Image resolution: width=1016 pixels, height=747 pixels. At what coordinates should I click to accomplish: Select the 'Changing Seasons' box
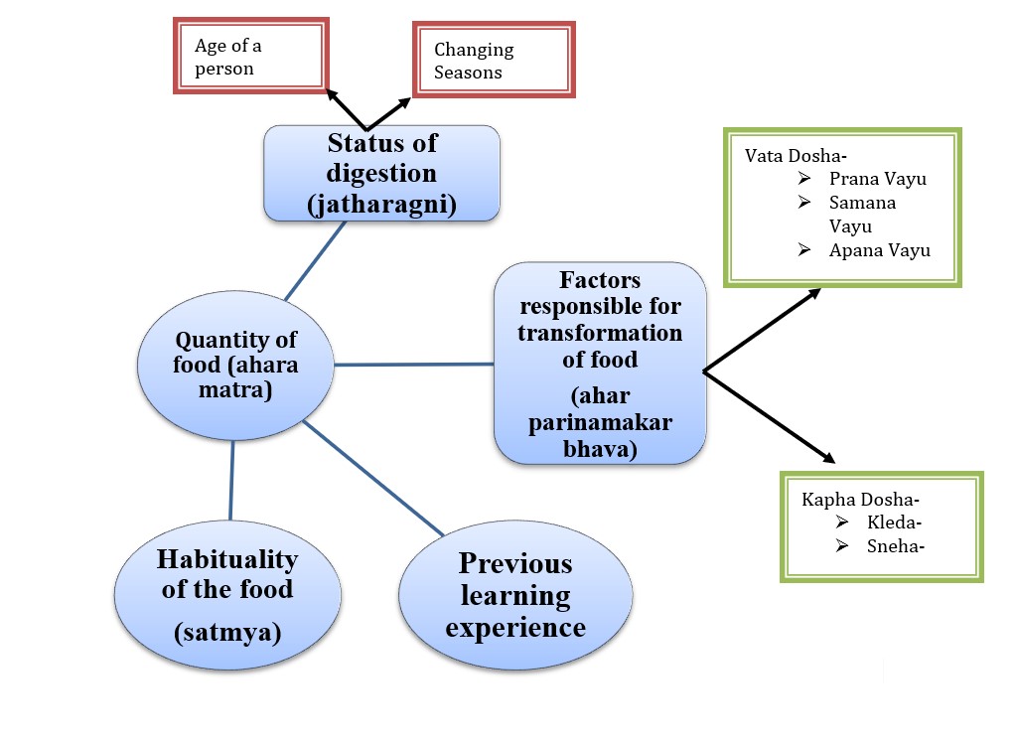[493, 61]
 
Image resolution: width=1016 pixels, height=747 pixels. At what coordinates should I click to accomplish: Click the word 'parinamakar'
[601, 423]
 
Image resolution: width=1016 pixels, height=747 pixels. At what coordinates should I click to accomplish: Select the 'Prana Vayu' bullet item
[877, 180]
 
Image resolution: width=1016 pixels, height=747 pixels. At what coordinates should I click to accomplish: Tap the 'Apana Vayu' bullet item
[879, 250]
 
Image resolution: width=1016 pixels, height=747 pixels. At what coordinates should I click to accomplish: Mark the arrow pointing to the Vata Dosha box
[762, 330]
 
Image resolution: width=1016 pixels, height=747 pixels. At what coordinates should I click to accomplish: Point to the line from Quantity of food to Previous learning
[372, 478]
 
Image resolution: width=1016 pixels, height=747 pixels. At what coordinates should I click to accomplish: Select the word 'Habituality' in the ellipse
[226, 559]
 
